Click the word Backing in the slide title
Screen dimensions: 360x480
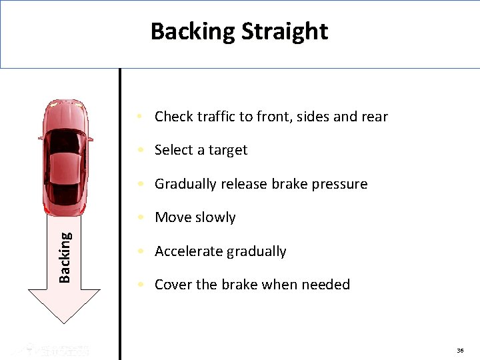[x=193, y=31]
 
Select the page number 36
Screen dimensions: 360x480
[x=460, y=351]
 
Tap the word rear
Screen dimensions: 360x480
[x=374, y=117]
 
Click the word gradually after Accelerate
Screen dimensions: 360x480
[x=256, y=251]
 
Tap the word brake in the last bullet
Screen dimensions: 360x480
[x=239, y=285]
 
